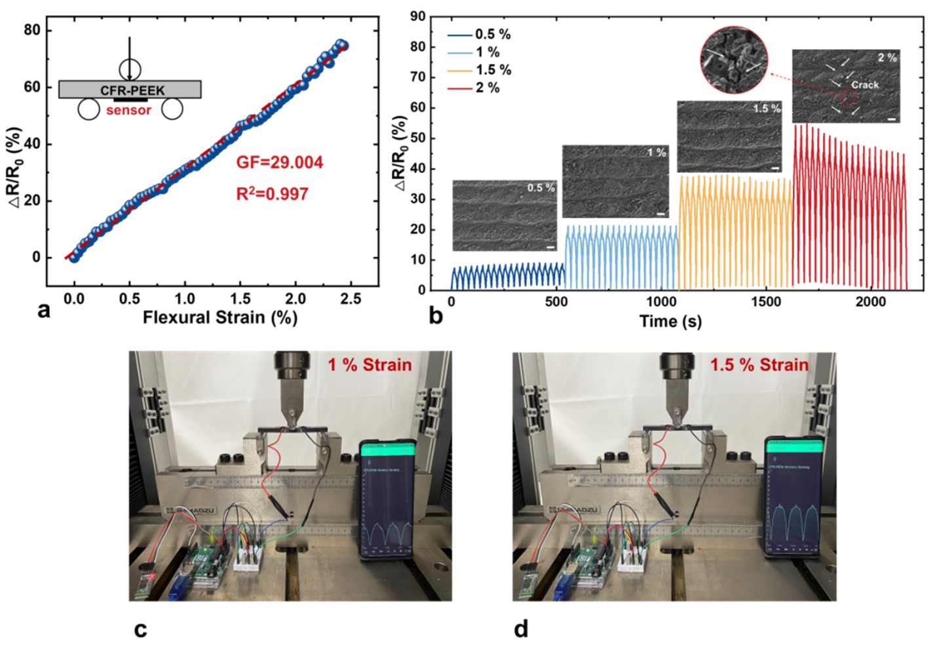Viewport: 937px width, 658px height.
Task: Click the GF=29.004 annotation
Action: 280,162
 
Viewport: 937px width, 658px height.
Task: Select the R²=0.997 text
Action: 272,193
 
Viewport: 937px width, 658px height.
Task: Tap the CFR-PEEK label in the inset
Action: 132,90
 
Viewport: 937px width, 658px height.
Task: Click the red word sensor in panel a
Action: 128,110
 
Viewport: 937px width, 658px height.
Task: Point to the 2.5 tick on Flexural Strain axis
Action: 351,299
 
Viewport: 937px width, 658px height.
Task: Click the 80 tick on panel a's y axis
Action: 32,30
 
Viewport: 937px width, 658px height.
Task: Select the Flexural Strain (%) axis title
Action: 220,318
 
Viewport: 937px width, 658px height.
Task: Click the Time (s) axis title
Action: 670,321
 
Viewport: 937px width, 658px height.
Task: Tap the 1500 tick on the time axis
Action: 766,302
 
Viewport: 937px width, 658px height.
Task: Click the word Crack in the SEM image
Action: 865,85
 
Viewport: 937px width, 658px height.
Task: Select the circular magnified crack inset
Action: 733,60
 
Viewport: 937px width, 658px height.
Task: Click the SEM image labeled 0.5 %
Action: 505,216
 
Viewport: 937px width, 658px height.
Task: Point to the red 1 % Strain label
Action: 370,364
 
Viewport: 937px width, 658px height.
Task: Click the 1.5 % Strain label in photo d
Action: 759,364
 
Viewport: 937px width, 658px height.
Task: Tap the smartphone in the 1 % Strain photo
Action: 388,499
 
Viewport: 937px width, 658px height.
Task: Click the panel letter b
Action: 435,317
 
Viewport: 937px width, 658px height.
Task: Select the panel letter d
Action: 521,629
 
